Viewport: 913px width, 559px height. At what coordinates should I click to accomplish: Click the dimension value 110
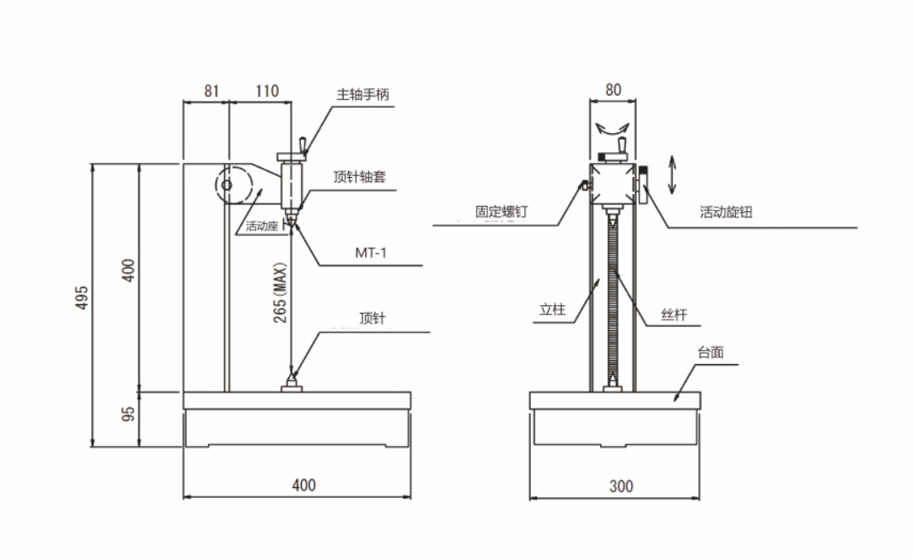266,89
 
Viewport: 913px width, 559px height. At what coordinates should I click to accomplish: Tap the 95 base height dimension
129,415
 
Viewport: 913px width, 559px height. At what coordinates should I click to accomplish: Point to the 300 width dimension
621,485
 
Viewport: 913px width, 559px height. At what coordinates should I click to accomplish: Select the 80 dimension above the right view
613,88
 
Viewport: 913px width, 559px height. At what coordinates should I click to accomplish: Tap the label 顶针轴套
360,177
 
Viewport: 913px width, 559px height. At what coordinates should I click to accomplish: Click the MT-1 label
370,253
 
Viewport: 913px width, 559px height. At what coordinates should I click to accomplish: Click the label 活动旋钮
725,211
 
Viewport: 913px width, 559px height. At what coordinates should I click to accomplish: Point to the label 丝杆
674,314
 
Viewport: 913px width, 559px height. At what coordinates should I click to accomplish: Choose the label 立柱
552,311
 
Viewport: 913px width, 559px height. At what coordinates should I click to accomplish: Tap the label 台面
711,352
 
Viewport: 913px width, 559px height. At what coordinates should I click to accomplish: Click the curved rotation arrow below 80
613,128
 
